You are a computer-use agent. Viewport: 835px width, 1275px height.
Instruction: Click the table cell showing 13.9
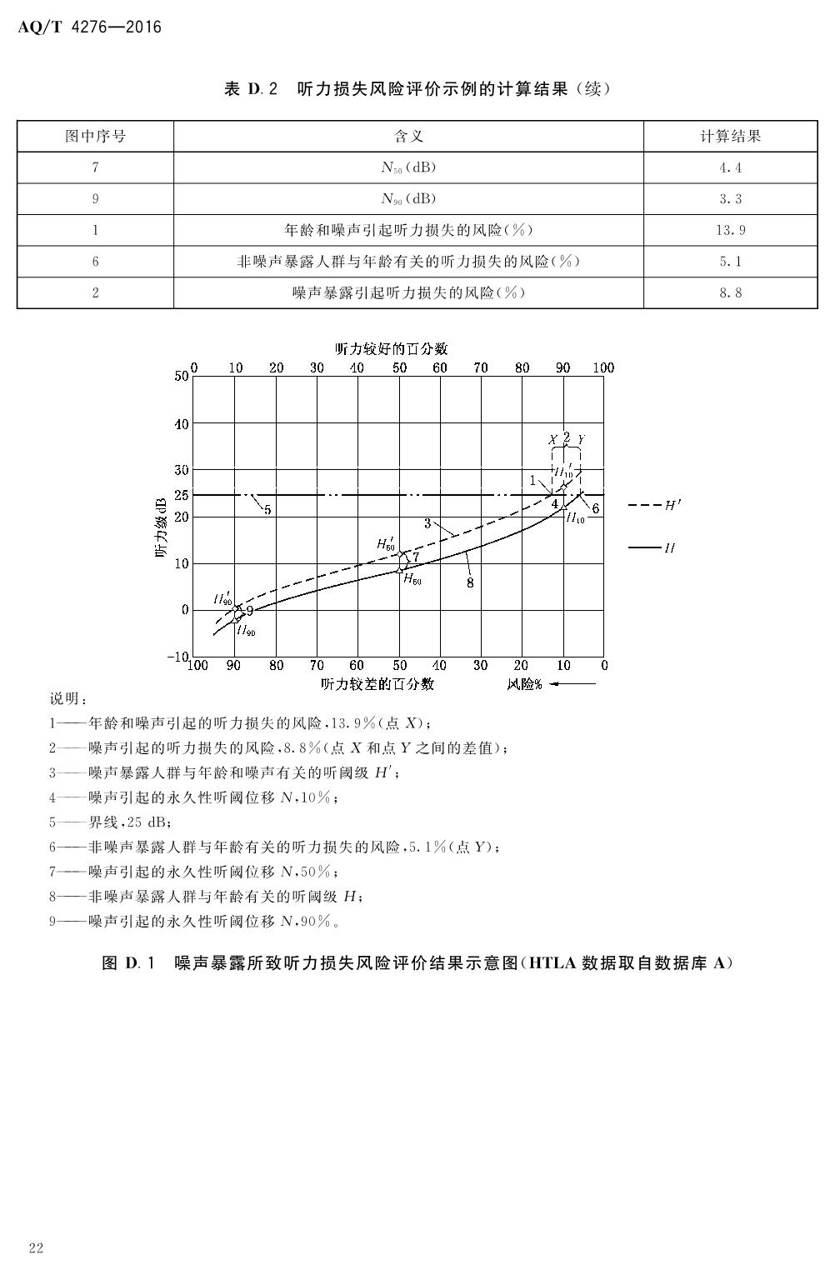pos(730,230)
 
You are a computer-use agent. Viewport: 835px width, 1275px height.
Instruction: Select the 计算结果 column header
pos(730,136)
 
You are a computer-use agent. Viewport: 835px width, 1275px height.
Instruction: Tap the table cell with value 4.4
pos(730,167)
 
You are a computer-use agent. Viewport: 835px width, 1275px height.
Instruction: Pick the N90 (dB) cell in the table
pos(408,198)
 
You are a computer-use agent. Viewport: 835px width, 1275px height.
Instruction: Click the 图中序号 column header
pos(96,136)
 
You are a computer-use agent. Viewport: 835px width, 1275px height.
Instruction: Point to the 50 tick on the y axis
pos(182,376)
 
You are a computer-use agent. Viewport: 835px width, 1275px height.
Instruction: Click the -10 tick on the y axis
pos(178,657)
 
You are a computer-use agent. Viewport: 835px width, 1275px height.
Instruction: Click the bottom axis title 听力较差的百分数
pos(377,684)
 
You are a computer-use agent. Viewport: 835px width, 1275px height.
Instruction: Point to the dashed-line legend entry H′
pos(653,505)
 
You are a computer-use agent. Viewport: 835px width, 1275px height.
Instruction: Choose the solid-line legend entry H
pos(653,548)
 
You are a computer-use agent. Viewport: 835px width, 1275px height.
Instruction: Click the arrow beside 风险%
pos(573,684)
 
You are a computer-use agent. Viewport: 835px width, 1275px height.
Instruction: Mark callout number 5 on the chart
pos(267,509)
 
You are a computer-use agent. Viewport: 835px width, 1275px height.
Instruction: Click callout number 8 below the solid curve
pos(470,582)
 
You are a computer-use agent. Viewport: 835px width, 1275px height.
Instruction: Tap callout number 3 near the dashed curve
pos(427,523)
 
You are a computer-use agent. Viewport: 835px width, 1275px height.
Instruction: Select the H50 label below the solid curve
pos(412,579)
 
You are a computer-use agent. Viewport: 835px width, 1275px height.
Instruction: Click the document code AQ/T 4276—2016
pos(89,27)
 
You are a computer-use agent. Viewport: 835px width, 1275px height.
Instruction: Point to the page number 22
pos(35,1247)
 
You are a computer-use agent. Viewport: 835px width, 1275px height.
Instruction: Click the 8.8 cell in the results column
pos(730,292)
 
